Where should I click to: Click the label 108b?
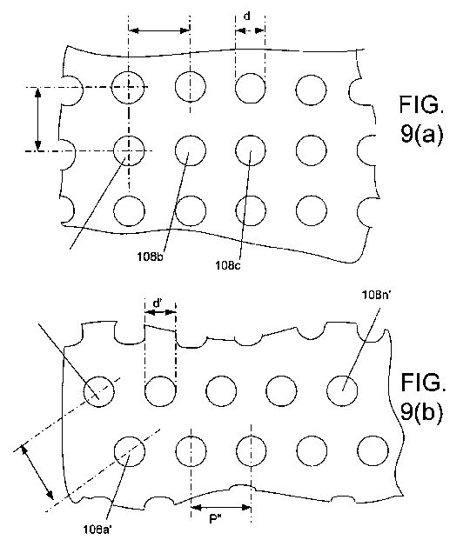[x=150, y=257]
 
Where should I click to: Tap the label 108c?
[x=228, y=265]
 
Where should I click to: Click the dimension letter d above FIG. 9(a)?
[x=247, y=17]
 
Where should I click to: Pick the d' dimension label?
[x=157, y=303]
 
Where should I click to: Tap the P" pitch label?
[x=215, y=519]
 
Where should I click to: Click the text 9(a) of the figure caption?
[x=422, y=134]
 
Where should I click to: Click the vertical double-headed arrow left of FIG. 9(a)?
[x=38, y=119]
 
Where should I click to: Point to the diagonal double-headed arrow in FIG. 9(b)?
[x=38, y=472]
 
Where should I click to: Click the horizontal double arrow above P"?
[x=221, y=507]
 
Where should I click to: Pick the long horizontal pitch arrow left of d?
[x=159, y=30]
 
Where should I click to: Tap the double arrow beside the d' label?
[x=160, y=312]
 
